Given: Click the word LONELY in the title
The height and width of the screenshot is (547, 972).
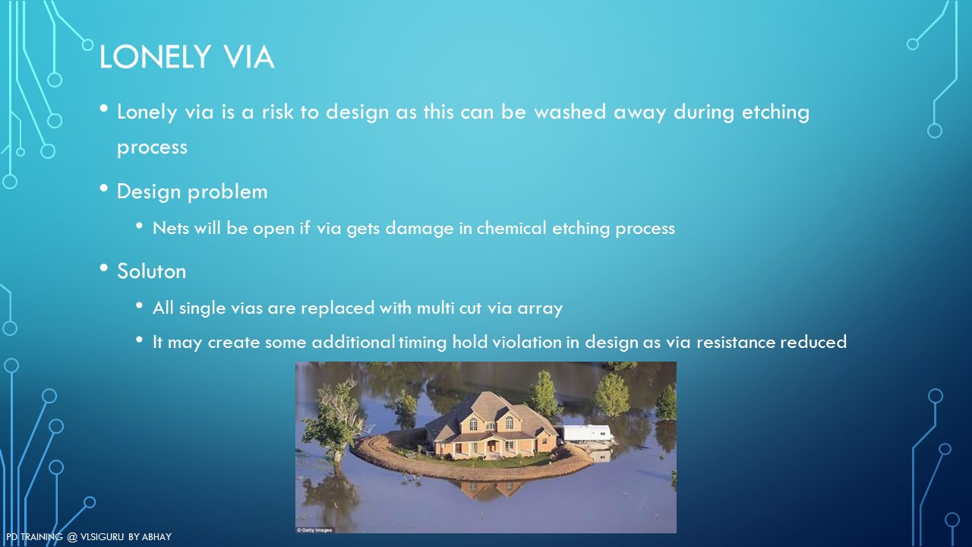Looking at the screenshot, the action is click(x=155, y=57).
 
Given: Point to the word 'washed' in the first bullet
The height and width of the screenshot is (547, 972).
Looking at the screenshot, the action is click(x=570, y=112).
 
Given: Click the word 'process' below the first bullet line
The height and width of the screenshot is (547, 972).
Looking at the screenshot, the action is click(x=152, y=148).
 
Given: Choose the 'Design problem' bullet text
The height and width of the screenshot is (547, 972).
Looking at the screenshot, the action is click(x=192, y=192).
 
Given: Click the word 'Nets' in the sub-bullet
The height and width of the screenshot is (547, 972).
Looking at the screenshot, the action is click(x=171, y=228).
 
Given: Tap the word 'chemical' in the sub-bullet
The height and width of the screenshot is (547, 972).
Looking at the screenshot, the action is click(x=511, y=228).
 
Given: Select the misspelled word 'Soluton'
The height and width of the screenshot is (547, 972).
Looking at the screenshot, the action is click(x=151, y=271).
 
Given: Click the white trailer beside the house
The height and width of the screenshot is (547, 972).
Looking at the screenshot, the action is click(x=587, y=433).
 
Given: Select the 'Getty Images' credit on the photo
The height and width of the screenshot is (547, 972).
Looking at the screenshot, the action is click(x=314, y=530).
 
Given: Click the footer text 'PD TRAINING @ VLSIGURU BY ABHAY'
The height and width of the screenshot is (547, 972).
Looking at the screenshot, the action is click(x=89, y=537).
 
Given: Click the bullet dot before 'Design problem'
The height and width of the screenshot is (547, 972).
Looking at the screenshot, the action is click(x=104, y=188).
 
